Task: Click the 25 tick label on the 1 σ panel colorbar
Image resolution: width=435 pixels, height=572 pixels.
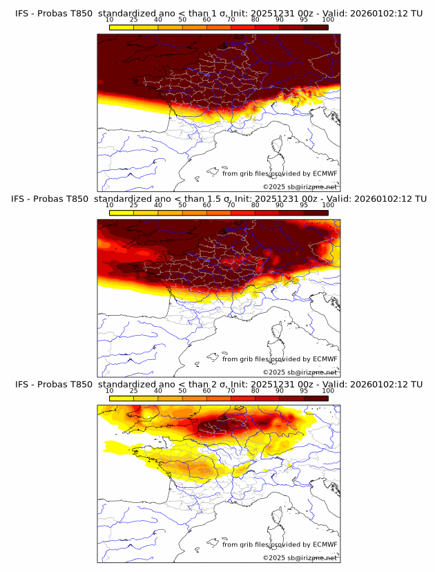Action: click(133, 19)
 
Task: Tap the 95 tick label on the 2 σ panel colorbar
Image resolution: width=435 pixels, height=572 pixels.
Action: click(304, 390)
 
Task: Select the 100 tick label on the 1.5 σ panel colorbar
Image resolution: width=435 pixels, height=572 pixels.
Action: click(329, 205)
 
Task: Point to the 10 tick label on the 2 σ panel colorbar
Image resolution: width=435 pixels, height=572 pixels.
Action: click(109, 390)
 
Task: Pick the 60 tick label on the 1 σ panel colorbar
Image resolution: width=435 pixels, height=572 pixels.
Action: click(206, 19)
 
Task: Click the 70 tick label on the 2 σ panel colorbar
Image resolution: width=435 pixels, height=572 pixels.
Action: click(231, 390)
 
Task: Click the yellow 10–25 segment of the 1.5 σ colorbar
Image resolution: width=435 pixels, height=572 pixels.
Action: click(122, 213)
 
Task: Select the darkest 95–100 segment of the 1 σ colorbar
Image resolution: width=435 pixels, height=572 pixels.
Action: click(316, 27)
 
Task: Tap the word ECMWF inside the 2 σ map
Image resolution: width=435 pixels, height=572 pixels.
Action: click(325, 544)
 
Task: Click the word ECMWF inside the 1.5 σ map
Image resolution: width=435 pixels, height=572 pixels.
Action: click(325, 359)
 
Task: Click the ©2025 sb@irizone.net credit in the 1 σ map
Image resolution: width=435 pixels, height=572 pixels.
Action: click(300, 187)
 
